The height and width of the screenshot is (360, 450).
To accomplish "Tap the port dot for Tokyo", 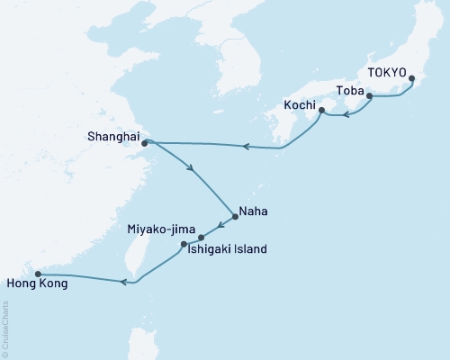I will [412, 79].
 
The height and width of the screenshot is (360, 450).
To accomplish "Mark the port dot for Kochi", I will [322, 112].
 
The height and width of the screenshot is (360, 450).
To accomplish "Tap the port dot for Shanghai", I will [145, 141].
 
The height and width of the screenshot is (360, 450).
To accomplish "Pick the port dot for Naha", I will [234, 215].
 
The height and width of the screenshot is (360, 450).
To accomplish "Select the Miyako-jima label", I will [161, 230].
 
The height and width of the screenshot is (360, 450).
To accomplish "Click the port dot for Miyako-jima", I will [202, 238].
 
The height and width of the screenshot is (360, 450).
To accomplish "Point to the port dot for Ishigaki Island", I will [184, 244].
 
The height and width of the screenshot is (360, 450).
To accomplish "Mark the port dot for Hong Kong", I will [37, 274].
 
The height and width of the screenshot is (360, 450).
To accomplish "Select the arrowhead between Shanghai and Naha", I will [189, 166].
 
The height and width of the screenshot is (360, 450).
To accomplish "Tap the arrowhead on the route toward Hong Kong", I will [124, 282].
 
